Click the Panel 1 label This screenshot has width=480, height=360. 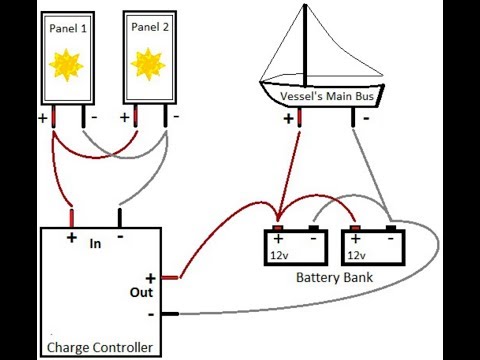pyautogui.click(x=67, y=27)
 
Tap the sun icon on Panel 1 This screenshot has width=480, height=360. pyautogui.click(x=67, y=65)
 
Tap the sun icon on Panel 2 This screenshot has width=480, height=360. pyautogui.click(x=148, y=65)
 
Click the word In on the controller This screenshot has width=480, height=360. pyautogui.click(x=96, y=243)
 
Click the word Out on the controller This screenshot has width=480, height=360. pyautogui.click(x=141, y=293)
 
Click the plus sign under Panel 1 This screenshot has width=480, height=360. pyautogui.click(x=43, y=118)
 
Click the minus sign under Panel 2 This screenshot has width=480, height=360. pyautogui.click(x=176, y=117)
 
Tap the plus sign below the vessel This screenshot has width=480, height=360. pyautogui.click(x=290, y=118)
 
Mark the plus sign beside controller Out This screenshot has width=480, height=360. pyautogui.click(x=151, y=278)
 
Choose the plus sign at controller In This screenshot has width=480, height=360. pyautogui.click(x=72, y=238)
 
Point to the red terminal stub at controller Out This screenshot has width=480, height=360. pyautogui.click(x=171, y=277)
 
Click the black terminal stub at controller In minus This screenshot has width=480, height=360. pyautogui.click(x=120, y=216)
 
